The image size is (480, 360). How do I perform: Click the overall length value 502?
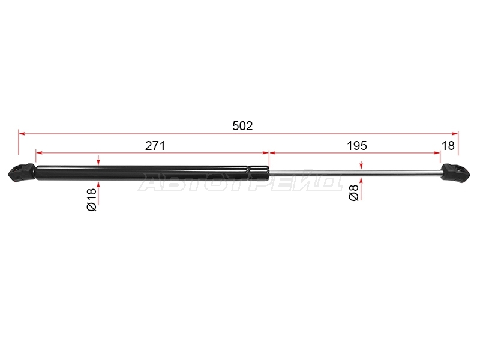pos(242,126)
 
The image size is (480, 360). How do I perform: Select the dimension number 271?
pos(155,146)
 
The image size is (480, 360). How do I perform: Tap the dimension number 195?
pos(357,146)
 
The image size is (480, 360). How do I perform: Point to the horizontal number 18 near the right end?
pos(448,146)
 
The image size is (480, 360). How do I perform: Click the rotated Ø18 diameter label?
pos(92,200)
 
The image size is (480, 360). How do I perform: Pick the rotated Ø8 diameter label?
pos(353,193)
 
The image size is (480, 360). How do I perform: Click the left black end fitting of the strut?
pos(22,173)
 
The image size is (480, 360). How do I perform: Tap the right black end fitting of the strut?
pos(455,173)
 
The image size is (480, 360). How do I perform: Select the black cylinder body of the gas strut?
pos(152,173)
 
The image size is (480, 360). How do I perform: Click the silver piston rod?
pos(355,173)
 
